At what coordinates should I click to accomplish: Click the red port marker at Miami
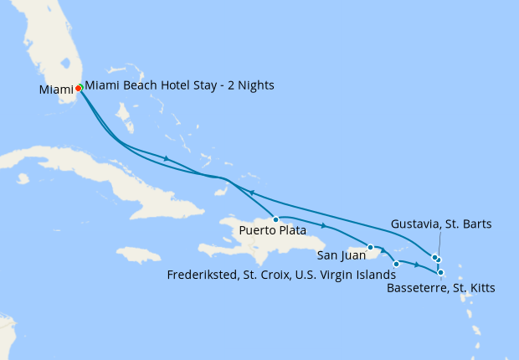[78, 87]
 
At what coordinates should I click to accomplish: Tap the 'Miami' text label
[55, 90]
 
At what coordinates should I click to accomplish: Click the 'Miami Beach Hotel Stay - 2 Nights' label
[179, 85]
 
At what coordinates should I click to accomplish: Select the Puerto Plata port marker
[275, 219]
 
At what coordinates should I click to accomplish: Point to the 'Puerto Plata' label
[272, 230]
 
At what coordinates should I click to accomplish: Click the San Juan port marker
[370, 247]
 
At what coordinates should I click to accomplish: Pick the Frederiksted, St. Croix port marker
[396, 264]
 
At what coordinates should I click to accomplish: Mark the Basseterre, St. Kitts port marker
[440, 272]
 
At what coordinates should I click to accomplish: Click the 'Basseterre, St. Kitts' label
[440, 289]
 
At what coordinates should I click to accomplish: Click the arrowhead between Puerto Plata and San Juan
[323, 225]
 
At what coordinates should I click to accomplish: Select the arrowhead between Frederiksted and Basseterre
[417, 265]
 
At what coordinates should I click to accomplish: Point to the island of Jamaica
[138, 254]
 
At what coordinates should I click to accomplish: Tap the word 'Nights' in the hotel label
[254, 85]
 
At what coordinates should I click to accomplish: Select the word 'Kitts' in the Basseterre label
[480, 289]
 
